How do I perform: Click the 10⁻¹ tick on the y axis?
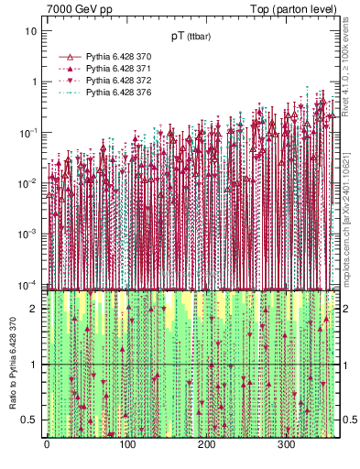pos(29,133)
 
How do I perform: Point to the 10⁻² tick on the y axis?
pos(29,183)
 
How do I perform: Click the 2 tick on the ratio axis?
pos(36,308)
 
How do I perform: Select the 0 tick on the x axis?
pos(47,445)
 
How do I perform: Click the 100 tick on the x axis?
pos(126,445)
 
